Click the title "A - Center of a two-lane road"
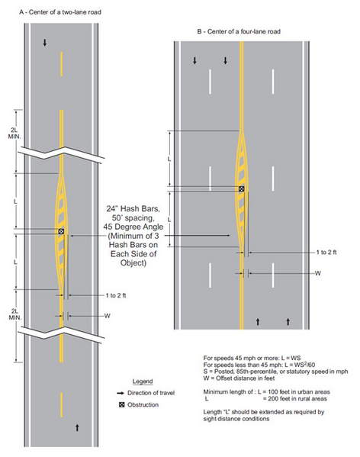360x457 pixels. coord(60,12)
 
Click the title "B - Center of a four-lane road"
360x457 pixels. coord(239,31)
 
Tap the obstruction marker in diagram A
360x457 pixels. coord(61,231)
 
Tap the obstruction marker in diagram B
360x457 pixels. coord(242,189)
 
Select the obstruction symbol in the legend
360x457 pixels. coord(122,404)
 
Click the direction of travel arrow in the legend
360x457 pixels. coord(121,393)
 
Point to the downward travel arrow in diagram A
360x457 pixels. coord(45,43)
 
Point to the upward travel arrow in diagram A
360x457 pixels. coord(77,427)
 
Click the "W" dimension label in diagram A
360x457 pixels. coord(108,316)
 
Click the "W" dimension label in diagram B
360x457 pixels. coord(318,273)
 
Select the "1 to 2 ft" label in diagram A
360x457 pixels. coord(116,295)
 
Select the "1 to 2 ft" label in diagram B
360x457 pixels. coord(326,253)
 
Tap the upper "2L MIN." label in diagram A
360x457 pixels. coord(14,134)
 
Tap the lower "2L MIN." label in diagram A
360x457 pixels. coord(14,314)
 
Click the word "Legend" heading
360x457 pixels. coord(143,381)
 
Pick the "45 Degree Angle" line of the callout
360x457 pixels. coord(133,227)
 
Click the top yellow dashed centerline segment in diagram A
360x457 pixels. coord(62,64)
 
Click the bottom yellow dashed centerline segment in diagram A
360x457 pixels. coord(62,404)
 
